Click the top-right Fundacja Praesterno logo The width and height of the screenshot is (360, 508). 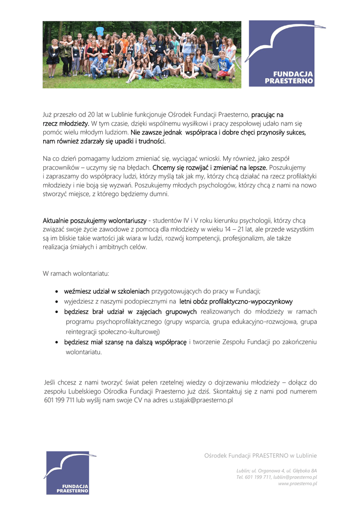pos(282,54)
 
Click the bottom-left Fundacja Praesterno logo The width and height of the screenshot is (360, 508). pos(68,472)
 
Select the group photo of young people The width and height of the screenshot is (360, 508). pos(142,55)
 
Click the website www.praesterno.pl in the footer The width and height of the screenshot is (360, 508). pos(297,484)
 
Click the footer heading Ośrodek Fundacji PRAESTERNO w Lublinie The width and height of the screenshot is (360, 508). pos(261,455)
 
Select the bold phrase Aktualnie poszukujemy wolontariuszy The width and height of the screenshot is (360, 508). pos(95,220)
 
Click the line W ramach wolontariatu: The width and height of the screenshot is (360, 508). pos(76,273)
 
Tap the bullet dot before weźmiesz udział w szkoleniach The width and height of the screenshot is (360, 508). pos(58,292)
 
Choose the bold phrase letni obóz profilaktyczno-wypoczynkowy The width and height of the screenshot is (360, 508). pos(236,301)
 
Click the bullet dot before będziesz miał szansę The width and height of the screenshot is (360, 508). pos(58,342)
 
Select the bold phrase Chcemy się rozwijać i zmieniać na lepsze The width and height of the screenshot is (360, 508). pos(210,168)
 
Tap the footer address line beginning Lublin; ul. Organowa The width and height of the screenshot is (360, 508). pos(277,470)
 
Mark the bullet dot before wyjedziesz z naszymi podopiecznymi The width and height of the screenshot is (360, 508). pos(58,302)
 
